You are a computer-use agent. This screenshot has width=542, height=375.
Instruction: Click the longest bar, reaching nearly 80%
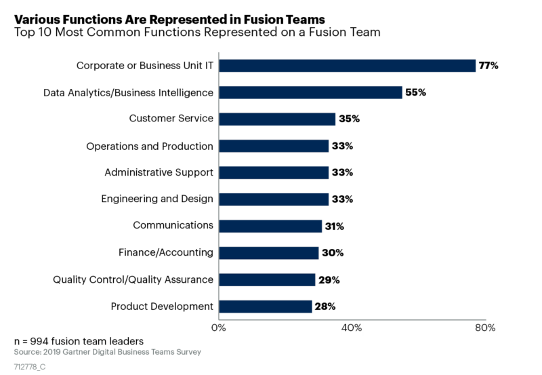348,65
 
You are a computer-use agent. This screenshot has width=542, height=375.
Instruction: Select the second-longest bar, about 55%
311,92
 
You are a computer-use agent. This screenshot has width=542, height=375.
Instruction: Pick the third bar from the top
278,119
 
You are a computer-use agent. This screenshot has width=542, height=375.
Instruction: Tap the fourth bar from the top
274,146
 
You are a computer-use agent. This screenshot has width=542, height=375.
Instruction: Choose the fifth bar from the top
274,172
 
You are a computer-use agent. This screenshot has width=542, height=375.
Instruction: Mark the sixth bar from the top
274,199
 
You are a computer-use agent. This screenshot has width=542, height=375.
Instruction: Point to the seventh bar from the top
271,226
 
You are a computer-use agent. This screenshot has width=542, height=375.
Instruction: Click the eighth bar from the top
269,253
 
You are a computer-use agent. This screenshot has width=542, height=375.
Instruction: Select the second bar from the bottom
268,279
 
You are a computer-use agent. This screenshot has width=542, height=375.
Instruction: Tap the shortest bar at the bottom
266,307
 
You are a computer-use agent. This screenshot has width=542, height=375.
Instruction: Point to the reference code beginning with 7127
29,367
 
